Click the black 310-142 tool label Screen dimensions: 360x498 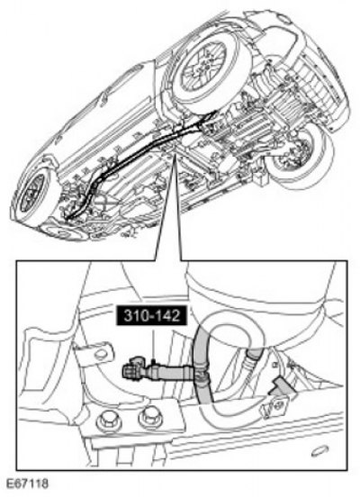(x=152, y=315)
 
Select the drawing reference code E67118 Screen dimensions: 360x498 (x=27, y=484)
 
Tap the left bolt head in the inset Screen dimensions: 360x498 (x=107, y=421)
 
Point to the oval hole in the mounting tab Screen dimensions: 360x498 (x=101, y=354)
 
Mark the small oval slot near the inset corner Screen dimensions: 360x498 (x=319, y=451)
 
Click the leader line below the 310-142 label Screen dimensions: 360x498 (x=154, y=344)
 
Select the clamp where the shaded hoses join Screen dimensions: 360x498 (x=200, y=374)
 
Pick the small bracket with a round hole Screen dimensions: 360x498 (x=274, y=405)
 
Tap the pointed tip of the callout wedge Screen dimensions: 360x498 (x=174, y=155)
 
